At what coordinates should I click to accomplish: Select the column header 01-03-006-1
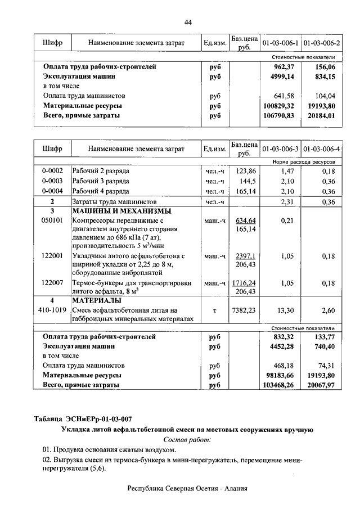point(280,43)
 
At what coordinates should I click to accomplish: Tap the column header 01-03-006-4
point(322,149)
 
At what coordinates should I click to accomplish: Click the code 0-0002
point(52,170)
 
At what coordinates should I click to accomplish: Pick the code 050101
point(52,221)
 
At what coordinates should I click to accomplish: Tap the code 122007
point(52,283)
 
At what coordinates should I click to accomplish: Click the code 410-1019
point(52,310)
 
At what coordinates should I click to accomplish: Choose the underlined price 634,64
point(245,220)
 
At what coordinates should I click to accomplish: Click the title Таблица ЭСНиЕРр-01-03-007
point(83,418)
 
